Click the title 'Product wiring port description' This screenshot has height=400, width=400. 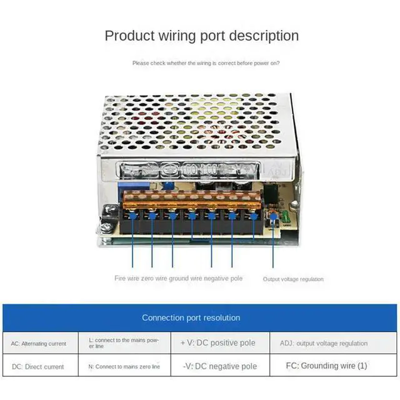tap(201, 36)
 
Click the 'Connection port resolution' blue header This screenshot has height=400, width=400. tap(191, 317)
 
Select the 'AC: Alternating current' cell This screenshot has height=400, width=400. tap(39, 343)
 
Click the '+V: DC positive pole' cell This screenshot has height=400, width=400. tap(218, 343)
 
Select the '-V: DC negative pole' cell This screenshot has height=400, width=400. tap(218, 366)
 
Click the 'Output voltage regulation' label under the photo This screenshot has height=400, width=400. tap(293, 279)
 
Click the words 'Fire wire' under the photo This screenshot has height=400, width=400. tap(126, 278)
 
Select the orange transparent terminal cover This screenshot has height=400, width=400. tap(191, 201)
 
